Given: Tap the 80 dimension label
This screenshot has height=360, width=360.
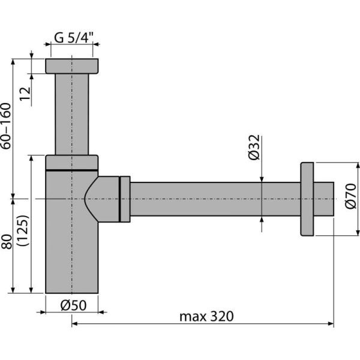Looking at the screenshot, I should click(7, 245).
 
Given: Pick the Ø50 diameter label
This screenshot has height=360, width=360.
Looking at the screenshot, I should click(73, 305).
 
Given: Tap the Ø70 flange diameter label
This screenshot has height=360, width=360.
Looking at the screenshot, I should click(351, 197).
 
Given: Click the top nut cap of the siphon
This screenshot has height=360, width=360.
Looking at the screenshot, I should click(72, 66).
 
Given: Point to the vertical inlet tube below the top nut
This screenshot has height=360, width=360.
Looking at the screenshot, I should click(72, 114).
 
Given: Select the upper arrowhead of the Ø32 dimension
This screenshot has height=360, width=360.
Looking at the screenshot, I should click(262, 178).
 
